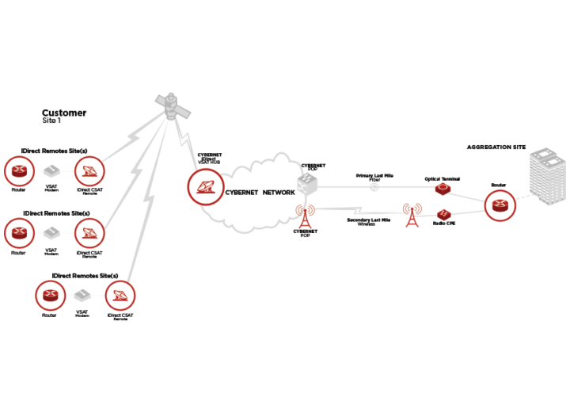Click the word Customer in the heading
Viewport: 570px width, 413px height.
tap(64, 113)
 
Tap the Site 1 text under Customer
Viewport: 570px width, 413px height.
tap(51, 121)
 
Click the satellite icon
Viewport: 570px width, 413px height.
tap(171, 106)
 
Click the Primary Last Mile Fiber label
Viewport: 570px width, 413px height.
tap(375, 178)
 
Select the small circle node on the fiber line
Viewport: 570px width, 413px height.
tap(374, 188)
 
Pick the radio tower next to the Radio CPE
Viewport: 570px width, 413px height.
tap(412, 215)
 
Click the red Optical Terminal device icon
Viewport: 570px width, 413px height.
tap(442, 190)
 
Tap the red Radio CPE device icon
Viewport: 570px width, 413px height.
tap(443, 215)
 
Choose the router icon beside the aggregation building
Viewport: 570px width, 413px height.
tap(499, 205)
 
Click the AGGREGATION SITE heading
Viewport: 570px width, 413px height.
tap(496, 147)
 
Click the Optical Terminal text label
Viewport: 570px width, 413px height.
tap(442, 179)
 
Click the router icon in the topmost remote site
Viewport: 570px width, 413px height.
tap(18, 170)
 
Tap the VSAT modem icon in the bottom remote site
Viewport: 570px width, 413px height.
tap(82, 296)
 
